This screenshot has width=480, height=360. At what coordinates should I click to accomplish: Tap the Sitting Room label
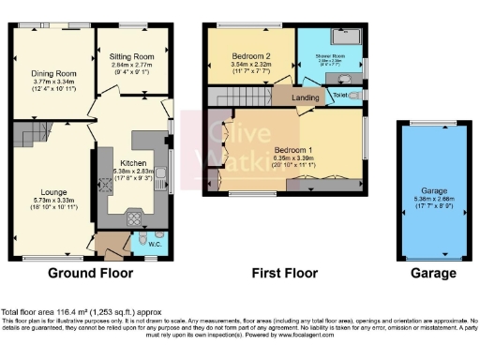point(132,56)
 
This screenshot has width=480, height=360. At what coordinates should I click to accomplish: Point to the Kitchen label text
point(132,163)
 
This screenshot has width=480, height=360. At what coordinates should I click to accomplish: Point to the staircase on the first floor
point(240,97)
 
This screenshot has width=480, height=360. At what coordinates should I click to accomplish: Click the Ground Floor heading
point(91,274)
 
